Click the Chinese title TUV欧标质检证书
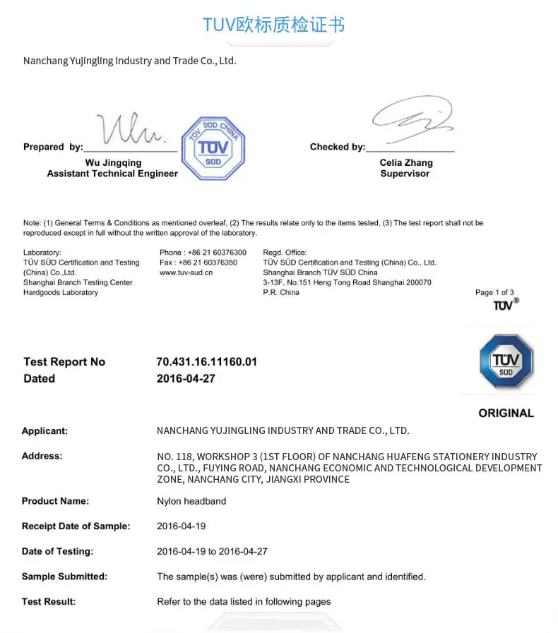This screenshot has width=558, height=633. [274, 25]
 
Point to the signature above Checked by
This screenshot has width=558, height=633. [412, 116]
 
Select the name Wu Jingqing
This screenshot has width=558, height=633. [113, 163]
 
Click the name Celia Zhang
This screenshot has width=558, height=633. [406, 163]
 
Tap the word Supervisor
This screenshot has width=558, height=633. [405, 174]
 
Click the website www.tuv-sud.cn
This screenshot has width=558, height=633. [186, 272]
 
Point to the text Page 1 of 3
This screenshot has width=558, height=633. [494, 292]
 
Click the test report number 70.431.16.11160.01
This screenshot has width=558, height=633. [206, 362]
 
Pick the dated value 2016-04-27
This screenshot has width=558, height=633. [186, 379]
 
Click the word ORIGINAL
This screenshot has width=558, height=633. [506, 414]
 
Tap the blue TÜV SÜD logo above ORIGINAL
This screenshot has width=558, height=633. [506, 361]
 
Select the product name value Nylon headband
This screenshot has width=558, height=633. [191, 502]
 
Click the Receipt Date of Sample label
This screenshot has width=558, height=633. [76, 526]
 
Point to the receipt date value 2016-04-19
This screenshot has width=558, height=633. [182, 526]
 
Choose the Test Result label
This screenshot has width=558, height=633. [49, 602]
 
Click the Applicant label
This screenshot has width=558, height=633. [44, 431]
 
